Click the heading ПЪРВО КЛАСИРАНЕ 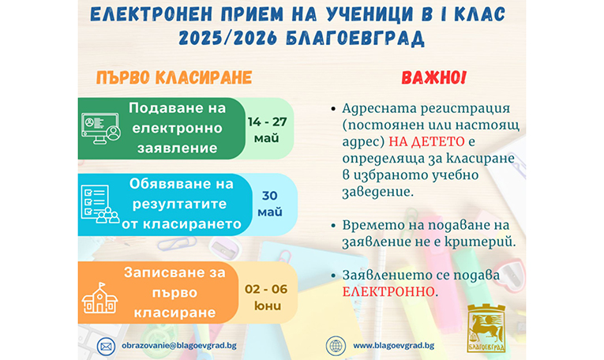point(174,78)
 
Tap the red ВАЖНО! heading point(433,78)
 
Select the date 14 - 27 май point(267,129)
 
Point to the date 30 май point(270,204)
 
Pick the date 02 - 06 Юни point(266,298)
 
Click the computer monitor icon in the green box point(101,129)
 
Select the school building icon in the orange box point(99,298)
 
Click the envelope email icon point(106,346)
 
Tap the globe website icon point(336,346)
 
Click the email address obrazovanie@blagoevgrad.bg point(179,346)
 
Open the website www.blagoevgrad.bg point(394,346)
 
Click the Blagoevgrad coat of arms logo point(486,328)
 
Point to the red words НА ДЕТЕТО point(426,141)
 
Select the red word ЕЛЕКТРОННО point(388,292)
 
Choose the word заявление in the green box point(178,148)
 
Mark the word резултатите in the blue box point(179,204)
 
